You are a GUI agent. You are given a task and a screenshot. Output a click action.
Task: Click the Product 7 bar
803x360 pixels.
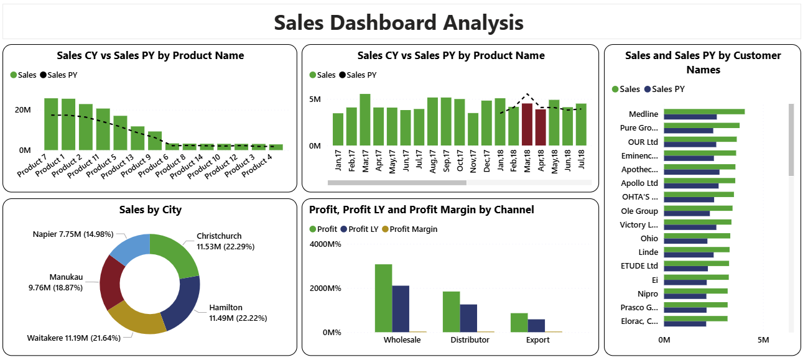(50, 124)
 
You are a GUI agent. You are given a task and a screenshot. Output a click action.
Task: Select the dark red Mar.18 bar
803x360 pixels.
(527, 124)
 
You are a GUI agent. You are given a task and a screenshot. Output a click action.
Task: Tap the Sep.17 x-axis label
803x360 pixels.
(446, 162)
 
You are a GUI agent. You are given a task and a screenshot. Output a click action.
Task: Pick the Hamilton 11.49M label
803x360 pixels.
(238, 313)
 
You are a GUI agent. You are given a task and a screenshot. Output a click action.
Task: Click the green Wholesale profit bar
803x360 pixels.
(383, 298)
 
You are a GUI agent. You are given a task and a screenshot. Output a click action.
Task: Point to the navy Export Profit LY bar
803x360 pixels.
(536, 325)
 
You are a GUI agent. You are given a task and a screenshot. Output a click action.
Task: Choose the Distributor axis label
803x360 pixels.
(470, 340)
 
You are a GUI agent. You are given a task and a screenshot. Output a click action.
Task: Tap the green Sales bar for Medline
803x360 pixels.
(703, 112)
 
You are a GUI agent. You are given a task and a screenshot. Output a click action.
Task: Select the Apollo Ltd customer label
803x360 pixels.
(639, 183)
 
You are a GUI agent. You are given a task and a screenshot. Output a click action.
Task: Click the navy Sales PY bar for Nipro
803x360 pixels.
(685, 297)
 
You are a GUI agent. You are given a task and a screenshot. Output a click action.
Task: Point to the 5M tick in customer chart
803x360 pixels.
(763, 340)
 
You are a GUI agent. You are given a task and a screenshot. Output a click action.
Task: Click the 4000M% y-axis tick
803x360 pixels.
(325, 244)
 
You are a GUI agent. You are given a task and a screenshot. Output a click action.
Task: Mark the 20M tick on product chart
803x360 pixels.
(23, 110)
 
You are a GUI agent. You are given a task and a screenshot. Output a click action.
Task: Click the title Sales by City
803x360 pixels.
(150, 210)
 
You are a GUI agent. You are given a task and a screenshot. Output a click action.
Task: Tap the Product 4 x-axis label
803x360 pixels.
(257, 166)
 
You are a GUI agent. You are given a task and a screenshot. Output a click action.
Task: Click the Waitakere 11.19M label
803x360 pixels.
(73, 338)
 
